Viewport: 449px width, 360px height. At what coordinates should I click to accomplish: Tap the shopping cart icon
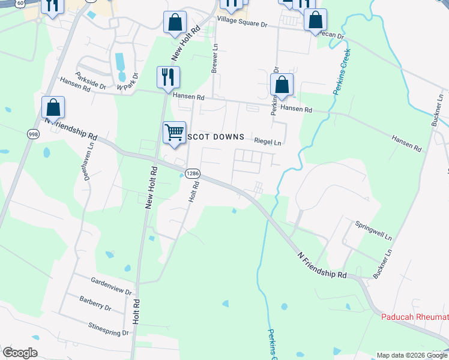coord(174,131)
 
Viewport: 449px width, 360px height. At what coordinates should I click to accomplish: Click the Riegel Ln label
coord(268,143)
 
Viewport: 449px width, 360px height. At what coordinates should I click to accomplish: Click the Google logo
coord(20,353)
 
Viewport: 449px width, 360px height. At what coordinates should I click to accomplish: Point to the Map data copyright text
coord(412,355)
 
